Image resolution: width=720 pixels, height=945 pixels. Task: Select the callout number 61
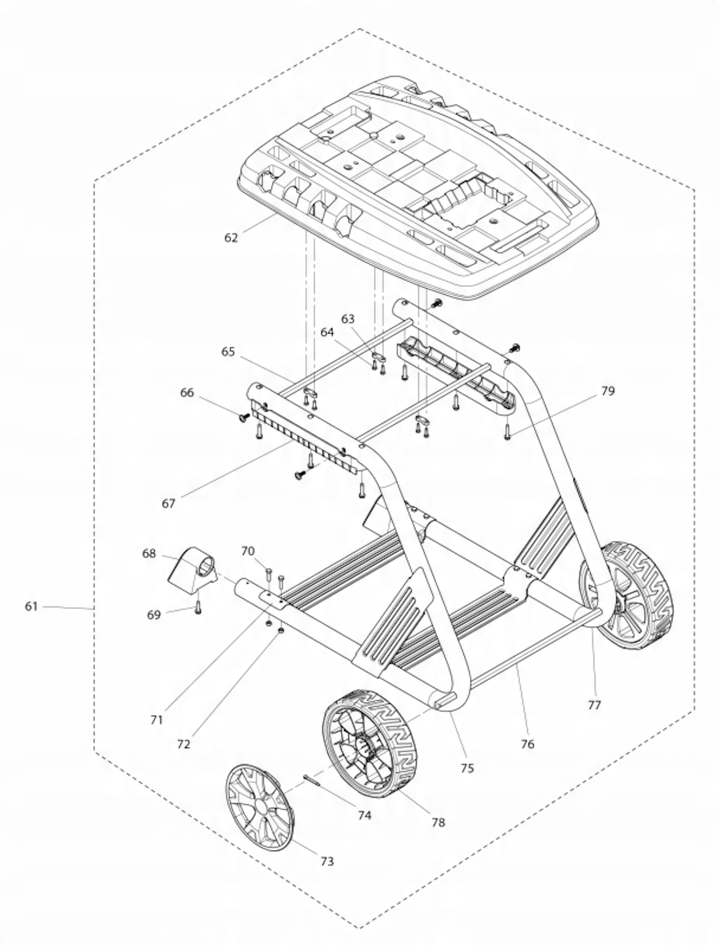pos(31,606)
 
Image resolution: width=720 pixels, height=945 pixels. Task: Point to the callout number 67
pos(168,504)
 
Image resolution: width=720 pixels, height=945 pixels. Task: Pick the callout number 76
pos(528,744)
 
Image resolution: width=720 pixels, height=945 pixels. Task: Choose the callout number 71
pos(157,720)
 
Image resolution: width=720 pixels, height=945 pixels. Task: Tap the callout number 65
pos(228,352)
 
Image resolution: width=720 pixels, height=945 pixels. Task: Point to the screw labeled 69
pos(198,607)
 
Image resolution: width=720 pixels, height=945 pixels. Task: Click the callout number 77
pos(594,705)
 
